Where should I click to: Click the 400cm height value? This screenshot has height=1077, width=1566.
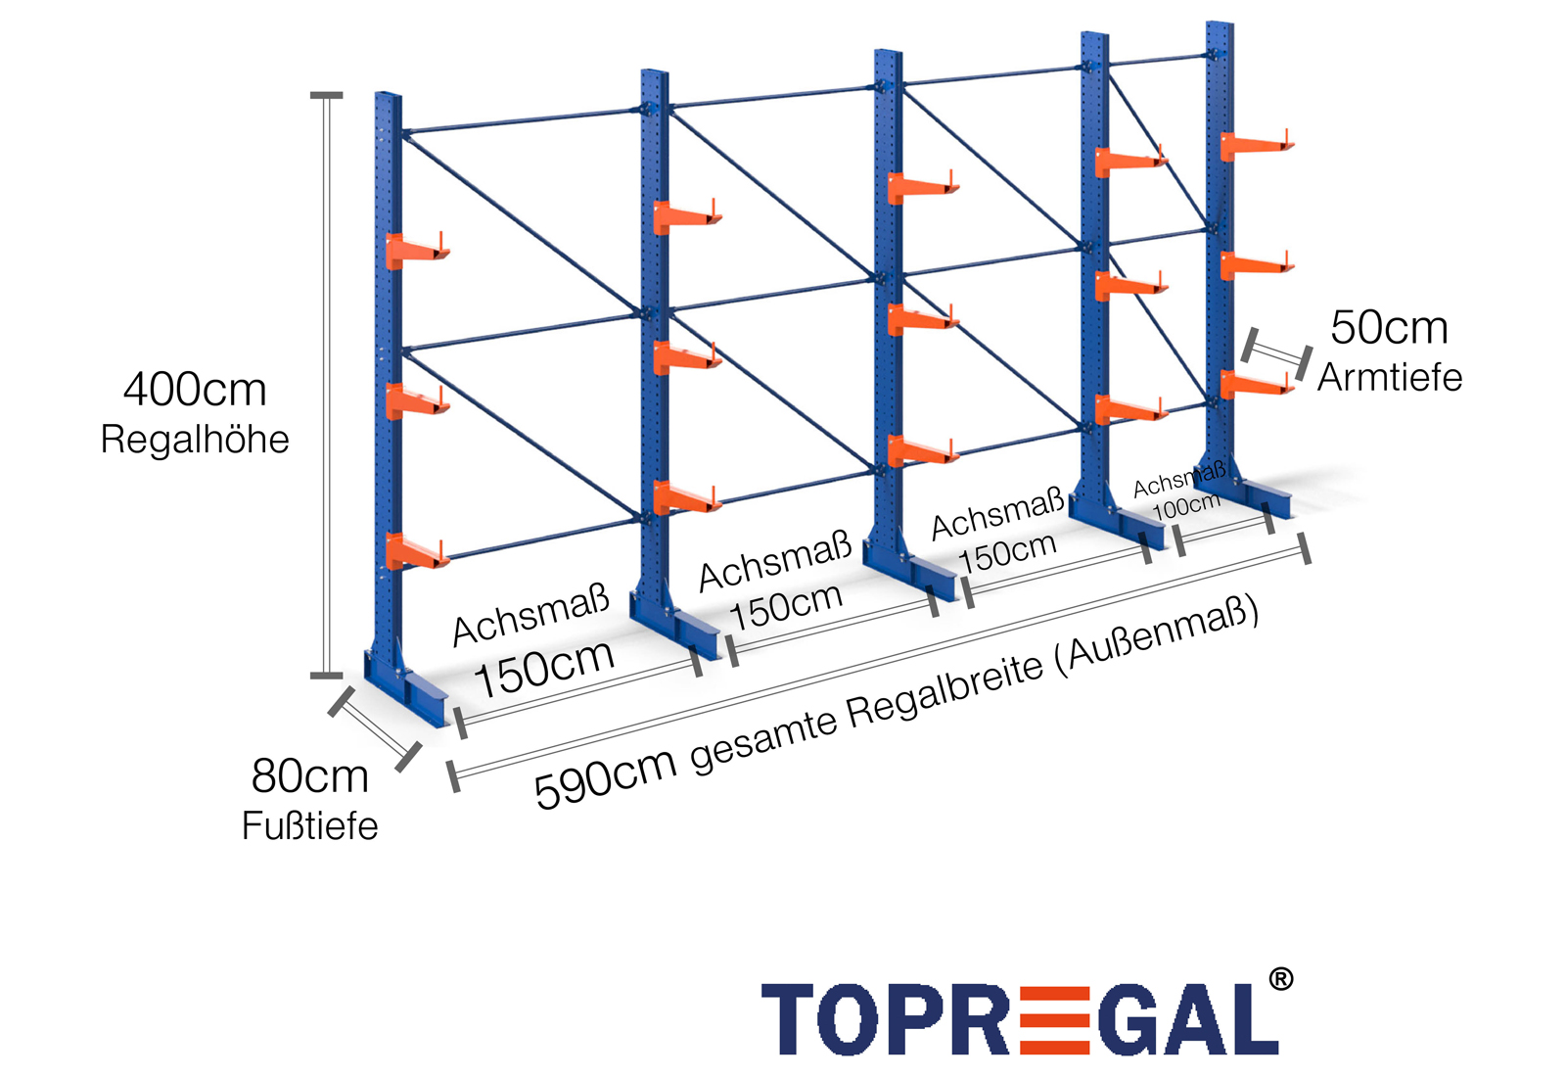coord(195,390)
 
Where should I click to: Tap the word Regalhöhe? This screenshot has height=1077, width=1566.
coord(195,440)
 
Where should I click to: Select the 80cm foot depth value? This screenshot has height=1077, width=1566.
coord(309,776)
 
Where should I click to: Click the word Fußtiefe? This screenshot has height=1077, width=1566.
coord(309,826)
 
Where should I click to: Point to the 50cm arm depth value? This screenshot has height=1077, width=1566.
coord(1389,328)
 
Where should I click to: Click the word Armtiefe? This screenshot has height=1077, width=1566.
coord(1390,378)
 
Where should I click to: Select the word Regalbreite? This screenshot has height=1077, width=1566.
coord(945,696)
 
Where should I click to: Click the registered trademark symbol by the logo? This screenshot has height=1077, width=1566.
coord(1280,979)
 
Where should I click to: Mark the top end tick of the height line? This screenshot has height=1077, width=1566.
coord(327,96)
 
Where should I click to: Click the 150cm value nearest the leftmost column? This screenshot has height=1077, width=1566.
coord(544,668)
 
